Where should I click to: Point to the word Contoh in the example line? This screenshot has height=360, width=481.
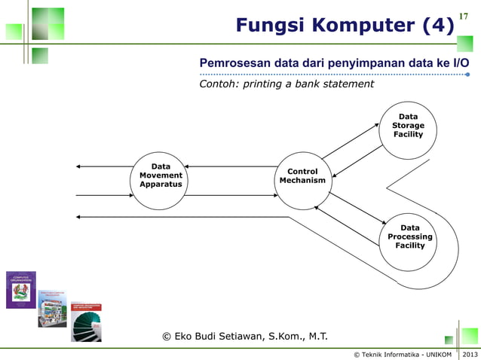(216, 84)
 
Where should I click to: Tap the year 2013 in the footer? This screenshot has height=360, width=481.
(470, 354)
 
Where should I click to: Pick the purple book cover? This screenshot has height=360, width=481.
(20, 289)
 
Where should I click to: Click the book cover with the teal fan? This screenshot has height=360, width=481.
(86, 322)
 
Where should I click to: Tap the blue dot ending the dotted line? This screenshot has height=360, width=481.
(467, 75)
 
